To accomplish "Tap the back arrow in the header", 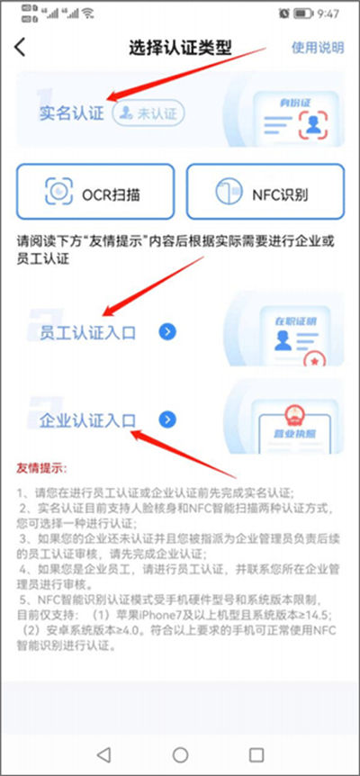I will click(x=20, y=48).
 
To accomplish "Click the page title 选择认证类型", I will click(x=180, y=48).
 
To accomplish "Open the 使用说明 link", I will click(x=317, y=48).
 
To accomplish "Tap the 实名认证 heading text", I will click(x=71, y=113).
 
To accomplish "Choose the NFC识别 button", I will click(x=265, y=192).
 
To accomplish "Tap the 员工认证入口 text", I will click(x=87, y=332).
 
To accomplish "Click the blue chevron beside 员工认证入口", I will click(x=167, y=332).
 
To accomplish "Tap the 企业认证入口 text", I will click(x=87, y=420).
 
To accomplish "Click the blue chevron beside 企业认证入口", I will click(x=167, y=420).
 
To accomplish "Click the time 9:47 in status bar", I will click(x=328, y=14).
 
